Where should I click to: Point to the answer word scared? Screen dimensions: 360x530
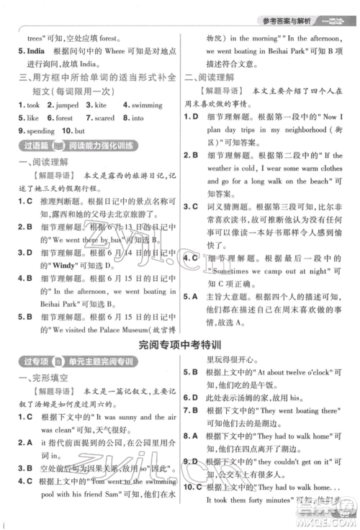105,117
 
